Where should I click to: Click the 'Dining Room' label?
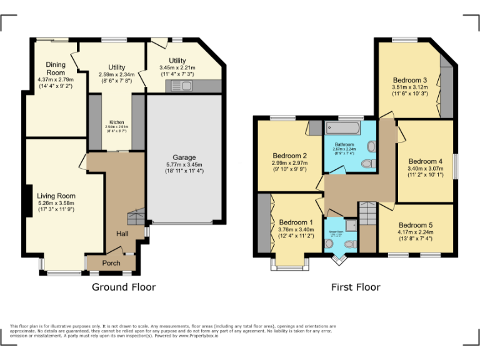(x=55, y=68)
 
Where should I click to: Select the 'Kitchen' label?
(x=117, y=122)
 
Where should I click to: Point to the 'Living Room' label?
(x=56, y=196)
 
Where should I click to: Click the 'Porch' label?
(x=111, y=263)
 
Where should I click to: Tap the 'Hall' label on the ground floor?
(x=122, y=234)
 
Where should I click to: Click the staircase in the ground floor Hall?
(x=136, y=218)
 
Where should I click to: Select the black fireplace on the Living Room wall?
(x=28, y=201)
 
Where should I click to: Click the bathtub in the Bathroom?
(x=342, y=129)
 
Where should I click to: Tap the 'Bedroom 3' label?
(x=410, y=80)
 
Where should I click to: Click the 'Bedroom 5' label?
(x=416, y=225)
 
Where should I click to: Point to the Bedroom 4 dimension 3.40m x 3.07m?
(x=425, y=168)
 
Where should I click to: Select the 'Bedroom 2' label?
(x=289, y=156)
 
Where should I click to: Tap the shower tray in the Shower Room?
(x=349, y=224)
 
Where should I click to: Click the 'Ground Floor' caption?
(x=124, y=287)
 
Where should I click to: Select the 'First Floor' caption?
(x=356, y=287)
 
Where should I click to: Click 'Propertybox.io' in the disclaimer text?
(x=200, y=336)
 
